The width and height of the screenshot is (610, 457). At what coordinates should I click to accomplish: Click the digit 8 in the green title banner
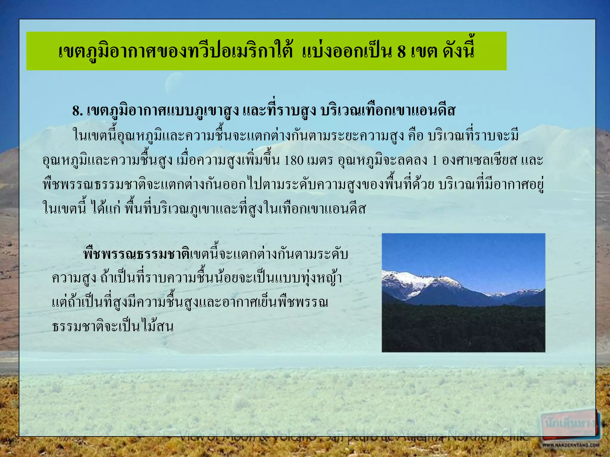point(401,51)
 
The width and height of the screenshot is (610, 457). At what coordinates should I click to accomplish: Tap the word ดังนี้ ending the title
point(458,51)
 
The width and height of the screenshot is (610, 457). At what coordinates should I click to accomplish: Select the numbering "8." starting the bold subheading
point(77,111)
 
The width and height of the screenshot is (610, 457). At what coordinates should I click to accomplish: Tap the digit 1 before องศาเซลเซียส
point(435,161)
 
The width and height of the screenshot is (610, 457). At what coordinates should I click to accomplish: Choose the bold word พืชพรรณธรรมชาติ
point(137,255)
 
